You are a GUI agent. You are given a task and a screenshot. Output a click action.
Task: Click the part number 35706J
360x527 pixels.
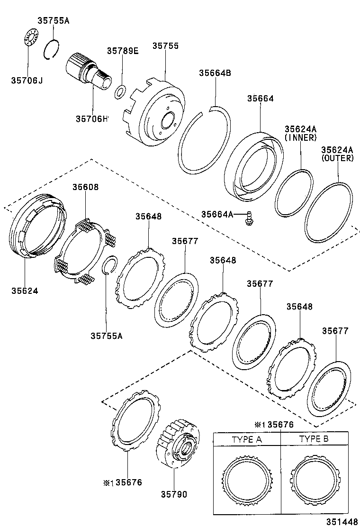(27, 80)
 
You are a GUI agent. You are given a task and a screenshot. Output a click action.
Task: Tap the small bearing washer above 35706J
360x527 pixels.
(29, 37)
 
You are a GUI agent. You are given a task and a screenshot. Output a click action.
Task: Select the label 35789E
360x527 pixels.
(122, 51)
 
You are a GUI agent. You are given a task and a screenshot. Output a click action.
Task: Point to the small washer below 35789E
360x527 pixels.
(121, 91)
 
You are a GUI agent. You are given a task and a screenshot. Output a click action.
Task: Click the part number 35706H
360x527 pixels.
(92, 118)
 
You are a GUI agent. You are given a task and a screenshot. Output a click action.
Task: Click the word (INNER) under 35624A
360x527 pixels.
(300, 137)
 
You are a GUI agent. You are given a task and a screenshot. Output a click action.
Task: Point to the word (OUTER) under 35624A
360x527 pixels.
(337, 158)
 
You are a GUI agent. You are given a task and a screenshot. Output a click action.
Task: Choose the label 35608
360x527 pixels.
(85, 187)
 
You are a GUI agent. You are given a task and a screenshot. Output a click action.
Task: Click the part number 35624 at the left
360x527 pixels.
(25, 290)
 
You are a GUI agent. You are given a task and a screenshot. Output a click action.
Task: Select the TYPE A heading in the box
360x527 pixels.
(246, 439)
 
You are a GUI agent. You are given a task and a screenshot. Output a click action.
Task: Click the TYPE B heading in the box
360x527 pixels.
(314, 439)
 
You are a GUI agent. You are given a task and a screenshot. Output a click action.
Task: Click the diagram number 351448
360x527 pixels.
(341, 521)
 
